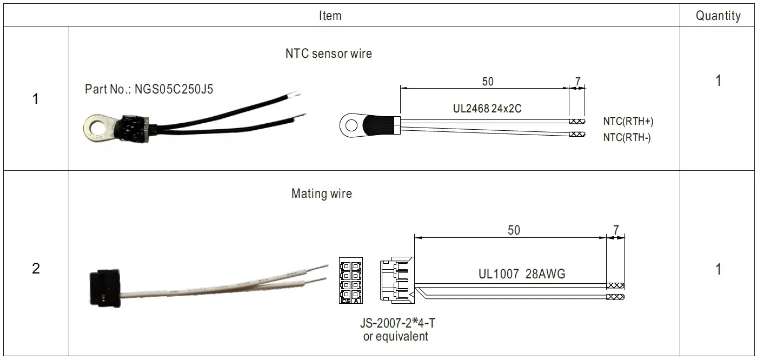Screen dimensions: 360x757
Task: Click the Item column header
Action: (x=330, y=16)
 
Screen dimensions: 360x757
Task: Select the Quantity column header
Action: (x=718, y=16)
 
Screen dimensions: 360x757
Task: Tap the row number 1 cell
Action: (x=36, y=99)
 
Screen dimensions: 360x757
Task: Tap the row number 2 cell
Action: (x=36, y=269)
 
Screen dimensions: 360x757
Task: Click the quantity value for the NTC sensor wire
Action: (x=718, y=81)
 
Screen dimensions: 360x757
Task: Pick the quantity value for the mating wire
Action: (x=718, y=269)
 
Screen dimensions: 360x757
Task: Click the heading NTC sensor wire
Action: (x=328, y=54)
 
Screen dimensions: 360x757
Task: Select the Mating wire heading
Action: (x=321, y=194)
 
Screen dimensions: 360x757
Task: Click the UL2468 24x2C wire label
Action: (x=487, y=109)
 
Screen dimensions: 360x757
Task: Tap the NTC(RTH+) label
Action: (x=628, y=122)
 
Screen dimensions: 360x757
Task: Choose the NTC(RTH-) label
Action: (x=627, y=138)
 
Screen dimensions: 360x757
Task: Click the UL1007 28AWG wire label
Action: (x=521, y=274)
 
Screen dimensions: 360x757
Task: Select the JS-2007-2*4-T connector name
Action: (x=397, y=323)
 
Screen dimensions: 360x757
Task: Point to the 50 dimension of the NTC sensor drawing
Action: (x=487, y=82)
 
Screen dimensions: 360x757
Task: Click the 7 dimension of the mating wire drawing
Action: (x=616, y=230)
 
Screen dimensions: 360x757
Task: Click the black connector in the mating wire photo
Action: (x=104, y=287)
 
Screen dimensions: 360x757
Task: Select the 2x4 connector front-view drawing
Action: (x=350, y=282)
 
